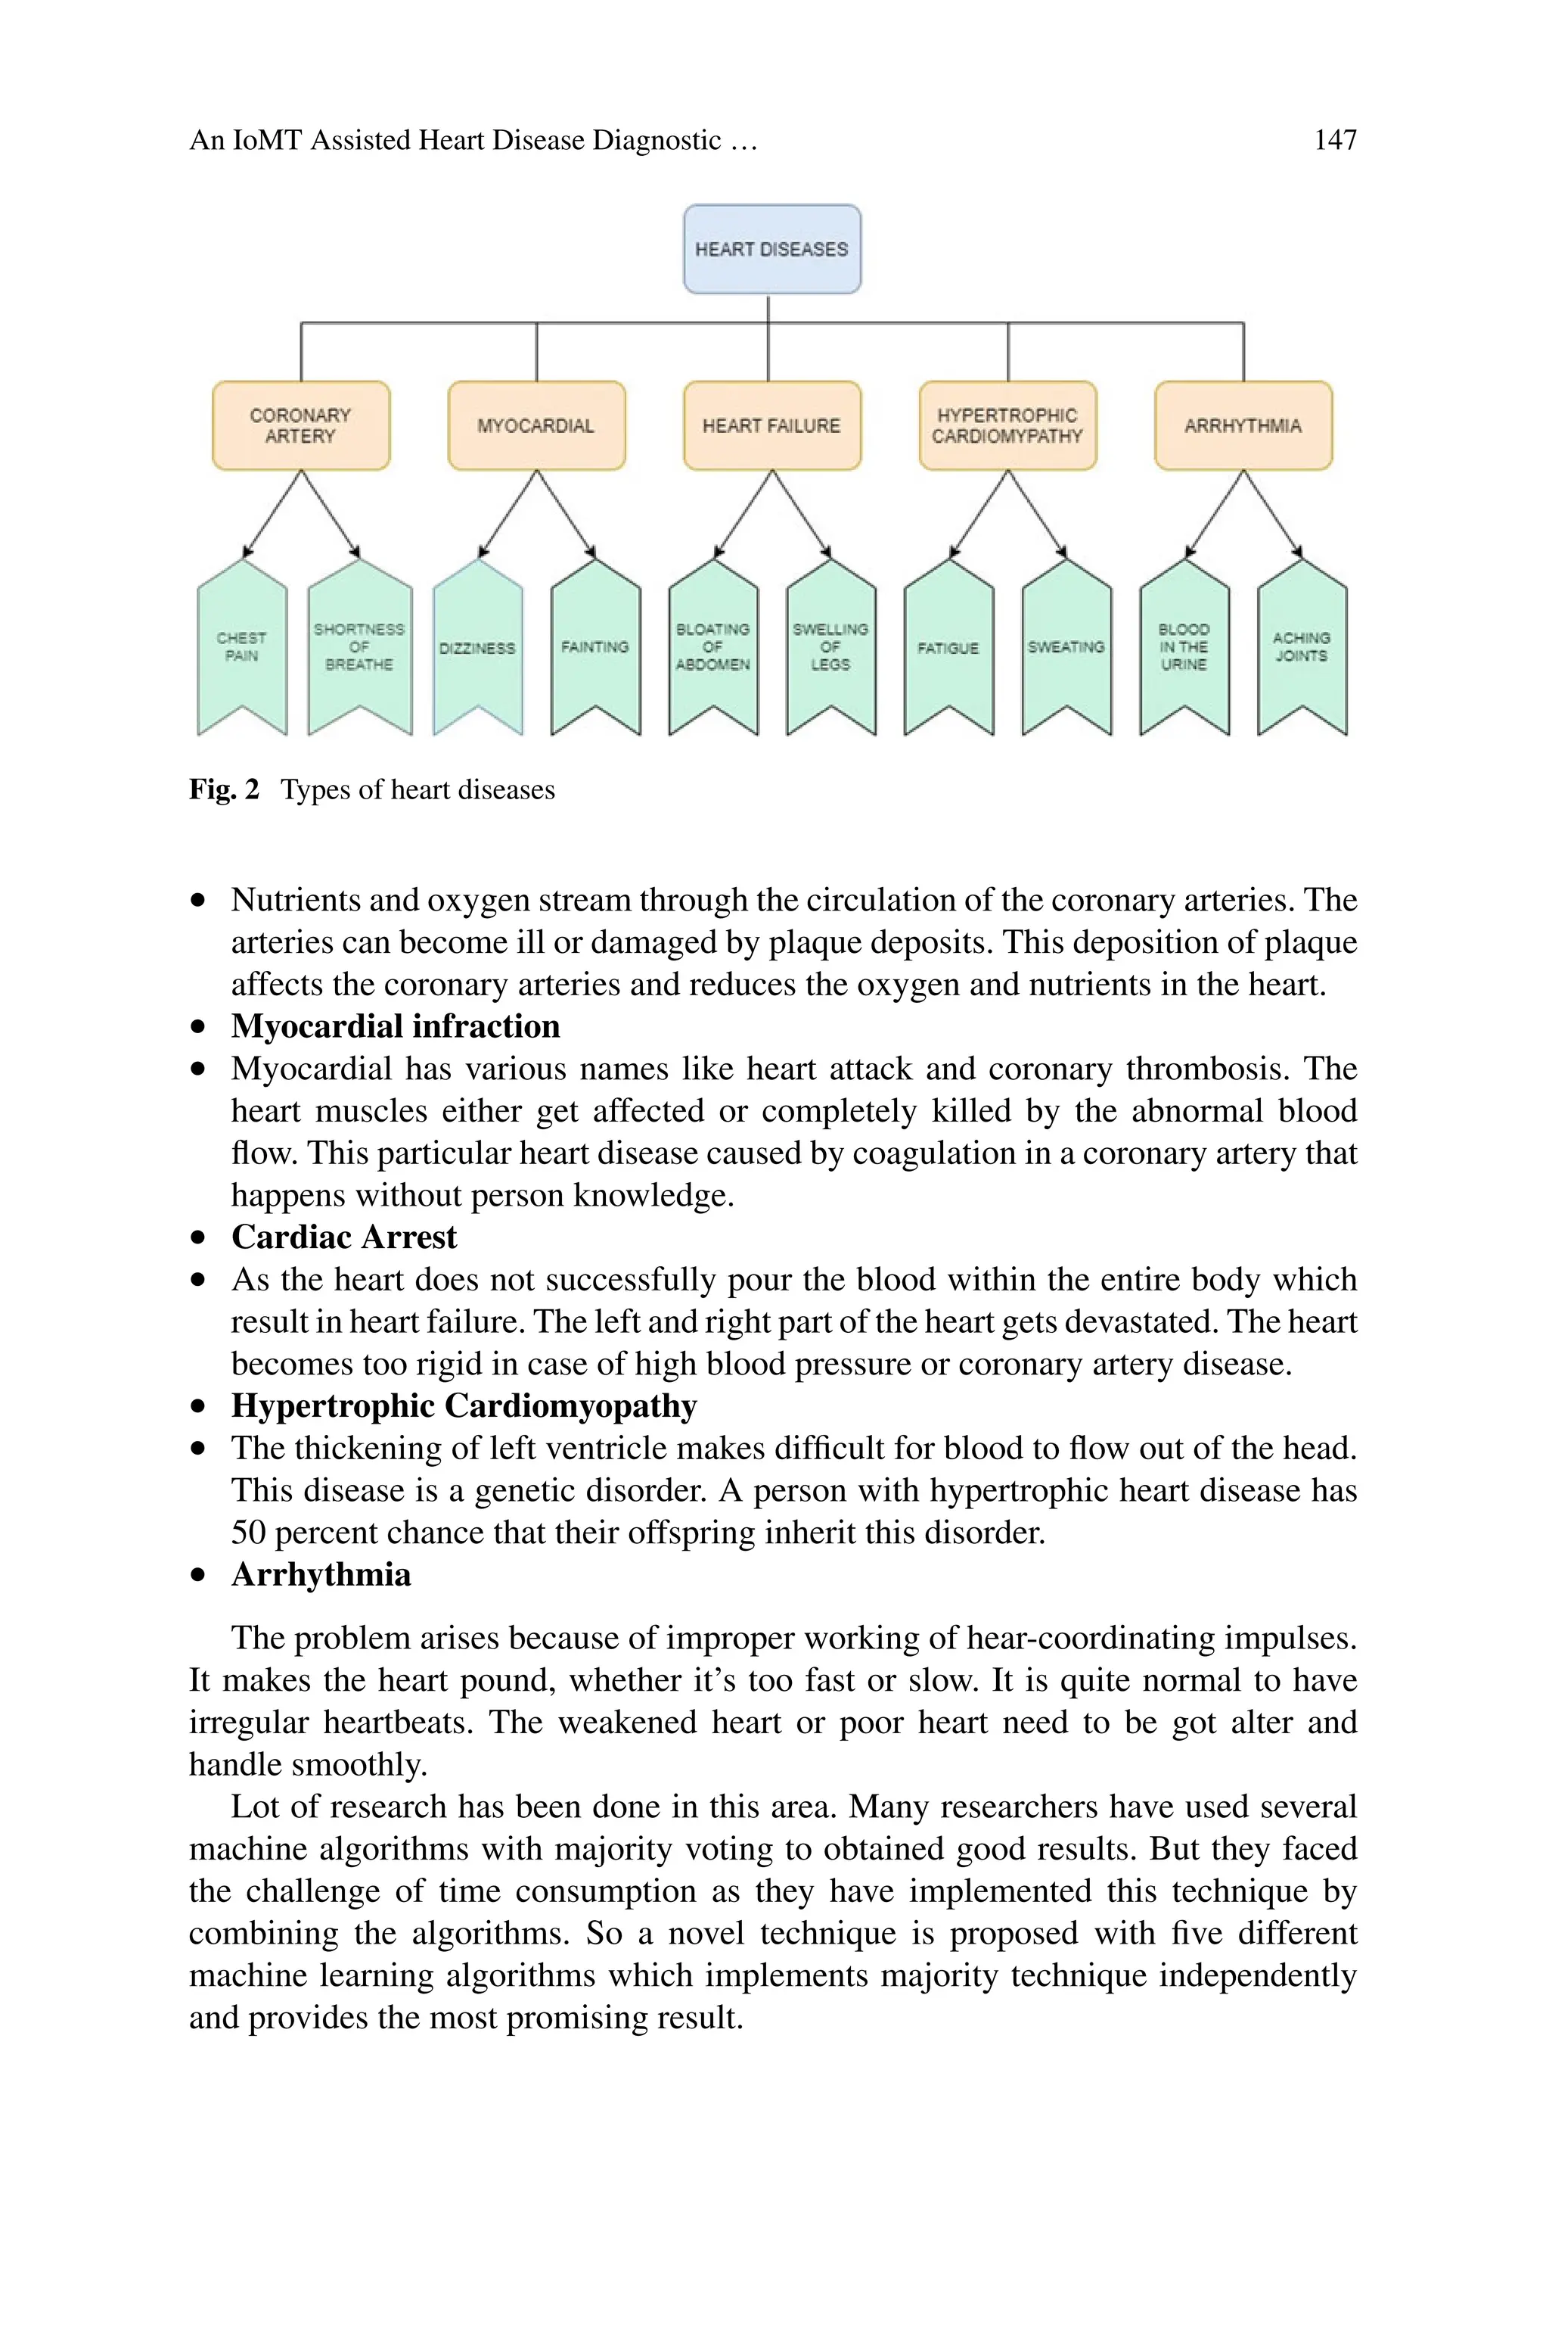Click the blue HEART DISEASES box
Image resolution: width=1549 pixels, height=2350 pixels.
coord(771,249)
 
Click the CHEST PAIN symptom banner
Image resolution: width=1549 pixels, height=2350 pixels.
coord(242,646)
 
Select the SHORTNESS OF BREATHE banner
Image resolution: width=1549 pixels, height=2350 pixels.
coord(359,646)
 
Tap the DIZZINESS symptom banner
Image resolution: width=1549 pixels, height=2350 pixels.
coord(477,646)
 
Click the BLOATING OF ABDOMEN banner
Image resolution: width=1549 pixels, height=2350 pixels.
coord(712,646)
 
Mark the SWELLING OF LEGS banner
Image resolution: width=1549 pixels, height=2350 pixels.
coord(830,646)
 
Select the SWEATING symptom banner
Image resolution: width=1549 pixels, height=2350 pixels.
coord(1066,646)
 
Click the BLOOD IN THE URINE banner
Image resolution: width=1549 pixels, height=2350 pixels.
coord(1184,646)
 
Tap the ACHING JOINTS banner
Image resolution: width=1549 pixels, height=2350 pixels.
coord(1301,646)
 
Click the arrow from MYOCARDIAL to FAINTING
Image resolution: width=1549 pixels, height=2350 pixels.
coord(566,513)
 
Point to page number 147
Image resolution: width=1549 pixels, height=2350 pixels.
coord(1335,140)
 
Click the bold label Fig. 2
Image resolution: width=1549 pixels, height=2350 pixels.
coord(224,789)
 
